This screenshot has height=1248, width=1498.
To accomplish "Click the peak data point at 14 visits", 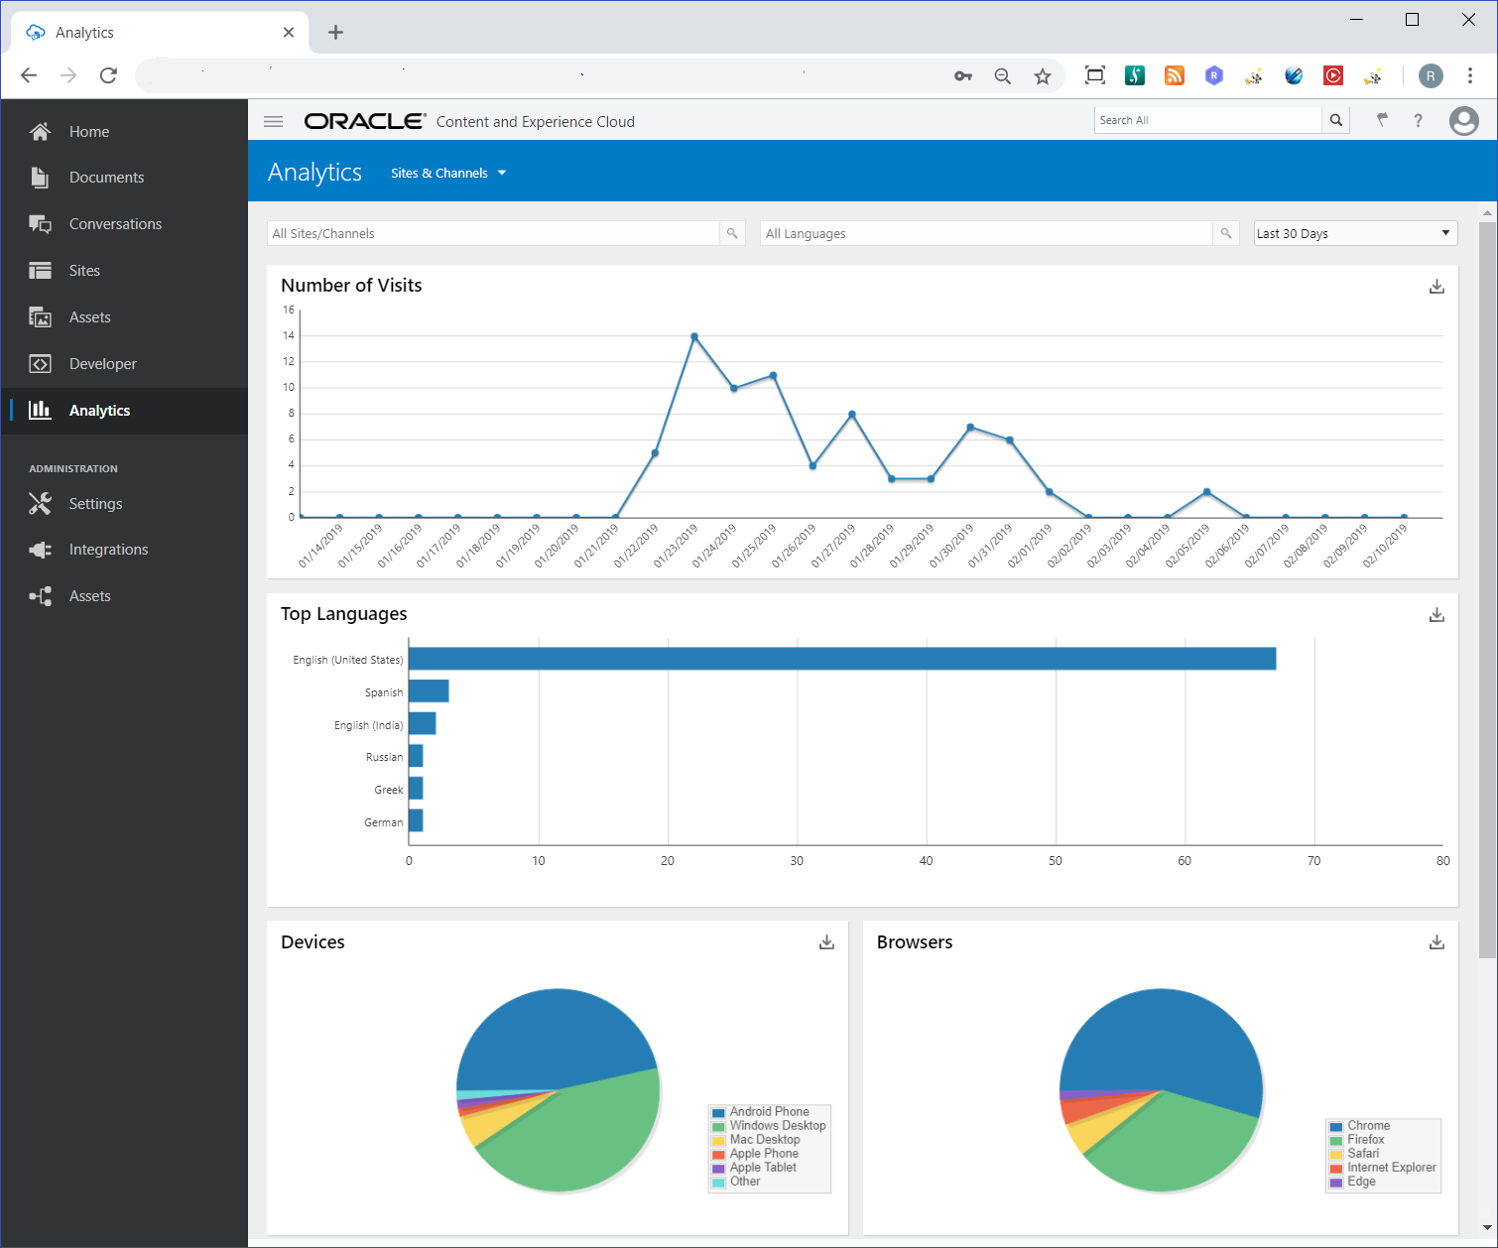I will [x=694, y=337].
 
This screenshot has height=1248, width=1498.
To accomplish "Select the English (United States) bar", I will [x=841, y=659].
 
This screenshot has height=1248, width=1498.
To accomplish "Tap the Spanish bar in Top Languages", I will [x=429, y=691].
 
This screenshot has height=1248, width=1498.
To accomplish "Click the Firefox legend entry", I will [x=1365, y=1140].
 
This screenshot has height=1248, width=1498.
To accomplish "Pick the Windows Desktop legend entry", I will [x=777, y=1126].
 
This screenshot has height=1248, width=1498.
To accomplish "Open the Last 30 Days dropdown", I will [x=1354, y=233].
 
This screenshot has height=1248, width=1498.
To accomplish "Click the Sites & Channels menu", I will [x=447, y=173].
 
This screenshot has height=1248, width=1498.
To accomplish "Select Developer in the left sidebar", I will [x=102, y=364].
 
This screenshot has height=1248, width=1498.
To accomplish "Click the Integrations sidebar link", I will [x=108, y=550].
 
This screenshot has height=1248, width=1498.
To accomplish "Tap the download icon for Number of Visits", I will [x=1436, y=287].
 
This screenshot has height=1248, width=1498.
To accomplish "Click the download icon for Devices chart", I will [x=826, y=942].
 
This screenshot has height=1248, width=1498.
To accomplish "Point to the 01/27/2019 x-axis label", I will [x=833, y=546].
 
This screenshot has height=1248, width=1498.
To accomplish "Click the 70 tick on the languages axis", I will [x=1313, y=861].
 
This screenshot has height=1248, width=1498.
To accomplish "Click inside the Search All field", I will [x=1207, y=120].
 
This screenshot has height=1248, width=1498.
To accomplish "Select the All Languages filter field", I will [x=986, y=233].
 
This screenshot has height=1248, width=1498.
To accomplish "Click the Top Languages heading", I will [x=343, y=614].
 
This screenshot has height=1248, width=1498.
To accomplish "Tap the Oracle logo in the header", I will [x=364, y=121].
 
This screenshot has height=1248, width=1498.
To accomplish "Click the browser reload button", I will [x=109, y=75].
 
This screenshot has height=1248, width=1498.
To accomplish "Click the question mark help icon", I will [x=1418, y=120].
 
